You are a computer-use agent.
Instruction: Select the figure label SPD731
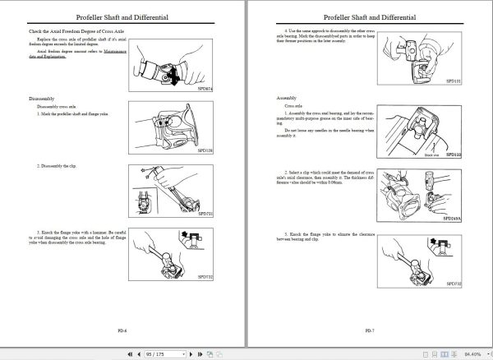coord(205,213)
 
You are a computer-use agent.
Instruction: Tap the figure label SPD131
coord(454,81)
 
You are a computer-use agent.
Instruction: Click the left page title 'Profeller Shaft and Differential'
coord(122,16)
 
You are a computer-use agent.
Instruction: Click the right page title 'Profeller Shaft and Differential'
coord(370,16)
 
